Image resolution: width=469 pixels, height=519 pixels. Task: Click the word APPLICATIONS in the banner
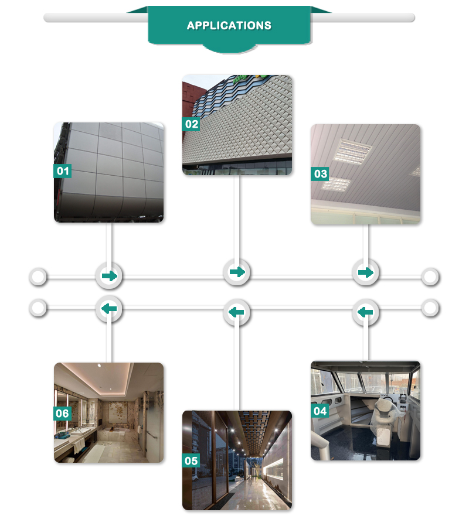[229, 26]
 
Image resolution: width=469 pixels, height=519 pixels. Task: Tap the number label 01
[62, 171]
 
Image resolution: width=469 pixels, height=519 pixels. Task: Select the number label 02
[191, 124]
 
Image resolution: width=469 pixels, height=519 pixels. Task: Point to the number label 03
[320, 174]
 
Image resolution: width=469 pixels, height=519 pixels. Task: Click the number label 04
[320, 411]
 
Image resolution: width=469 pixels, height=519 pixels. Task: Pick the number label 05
[191, 460]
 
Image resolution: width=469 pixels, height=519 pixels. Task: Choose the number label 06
[62, 414]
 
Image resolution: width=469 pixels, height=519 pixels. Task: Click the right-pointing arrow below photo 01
[109, 276]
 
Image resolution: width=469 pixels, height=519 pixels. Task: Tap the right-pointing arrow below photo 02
[237, 272]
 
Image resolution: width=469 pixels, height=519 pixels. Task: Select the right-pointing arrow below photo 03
[365, 273]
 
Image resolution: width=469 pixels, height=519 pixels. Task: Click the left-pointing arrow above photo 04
[365, 312]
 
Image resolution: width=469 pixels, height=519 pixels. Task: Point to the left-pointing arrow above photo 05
[236, 313]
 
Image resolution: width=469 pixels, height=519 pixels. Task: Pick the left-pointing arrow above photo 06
[109, 309]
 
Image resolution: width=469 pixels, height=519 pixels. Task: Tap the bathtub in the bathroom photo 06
[114, 435]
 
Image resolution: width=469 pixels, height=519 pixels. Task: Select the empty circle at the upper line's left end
[38, 276]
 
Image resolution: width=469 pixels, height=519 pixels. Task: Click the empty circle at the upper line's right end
[430, 276]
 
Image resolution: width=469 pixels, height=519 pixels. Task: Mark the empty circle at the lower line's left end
[38, 308]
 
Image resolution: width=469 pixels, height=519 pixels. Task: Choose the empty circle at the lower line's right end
[430, 308]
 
